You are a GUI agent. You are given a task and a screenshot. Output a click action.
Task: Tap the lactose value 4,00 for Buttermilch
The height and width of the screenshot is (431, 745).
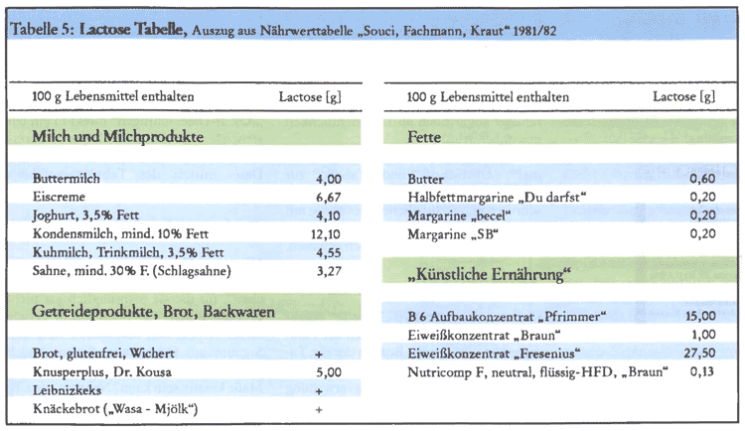[x=328, y=180]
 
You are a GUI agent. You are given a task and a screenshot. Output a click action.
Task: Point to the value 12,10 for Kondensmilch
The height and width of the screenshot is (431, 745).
[x=325, y=233]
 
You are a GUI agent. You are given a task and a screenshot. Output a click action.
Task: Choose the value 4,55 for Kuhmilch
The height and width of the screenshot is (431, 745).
[x=328, y=251]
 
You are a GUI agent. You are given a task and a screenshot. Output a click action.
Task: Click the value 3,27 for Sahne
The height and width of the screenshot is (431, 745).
[x=328, y=269]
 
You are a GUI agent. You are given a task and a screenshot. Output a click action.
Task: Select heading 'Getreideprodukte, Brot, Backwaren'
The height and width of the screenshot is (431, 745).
[x=154, y=312]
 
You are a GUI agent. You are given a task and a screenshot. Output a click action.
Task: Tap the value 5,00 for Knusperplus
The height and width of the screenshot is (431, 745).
[x=328, y=372]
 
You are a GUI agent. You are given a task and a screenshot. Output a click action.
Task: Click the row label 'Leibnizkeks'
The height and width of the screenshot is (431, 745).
[x=63, y=390]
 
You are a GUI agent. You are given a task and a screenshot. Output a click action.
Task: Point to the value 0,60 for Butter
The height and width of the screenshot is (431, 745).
[x=701, y=180]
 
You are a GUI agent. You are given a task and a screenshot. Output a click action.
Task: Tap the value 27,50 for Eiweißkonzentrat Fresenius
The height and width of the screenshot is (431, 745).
[x=698, y=355]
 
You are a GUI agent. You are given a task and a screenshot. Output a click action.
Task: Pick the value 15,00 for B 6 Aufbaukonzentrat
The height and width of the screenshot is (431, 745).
[x=698, y=317]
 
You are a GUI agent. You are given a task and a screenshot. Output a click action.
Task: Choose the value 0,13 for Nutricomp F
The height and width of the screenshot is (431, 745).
[x=701, y=372]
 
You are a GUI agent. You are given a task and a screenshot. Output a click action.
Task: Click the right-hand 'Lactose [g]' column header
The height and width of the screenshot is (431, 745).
[x=683, y=97]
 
